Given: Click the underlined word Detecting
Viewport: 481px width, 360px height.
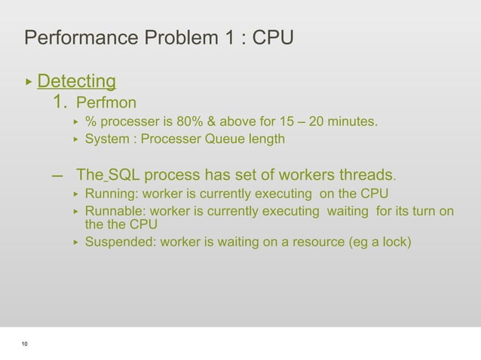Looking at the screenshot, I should click(76, 81).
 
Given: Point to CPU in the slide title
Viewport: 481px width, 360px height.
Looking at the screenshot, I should click(270, 37).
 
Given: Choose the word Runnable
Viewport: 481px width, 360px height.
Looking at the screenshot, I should click(112, 212).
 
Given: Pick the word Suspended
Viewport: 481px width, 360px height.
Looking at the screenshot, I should click(118, 242).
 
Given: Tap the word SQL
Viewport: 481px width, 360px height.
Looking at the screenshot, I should click(124, 176).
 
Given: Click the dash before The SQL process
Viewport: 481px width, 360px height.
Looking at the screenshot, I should click(57, 176).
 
